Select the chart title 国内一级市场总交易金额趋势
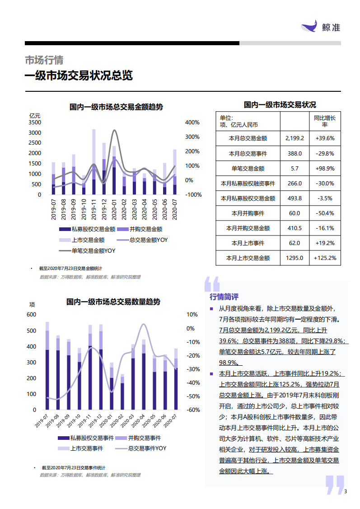[x=116, y=107]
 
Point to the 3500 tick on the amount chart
[x=35, y=123]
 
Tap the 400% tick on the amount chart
[x=192, y=123]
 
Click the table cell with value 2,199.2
[x=295, y=138]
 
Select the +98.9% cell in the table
[x=325, y=168]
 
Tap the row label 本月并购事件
[x=248, y=213]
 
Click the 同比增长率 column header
[x=325, y=121]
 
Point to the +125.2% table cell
[x=325, y=258]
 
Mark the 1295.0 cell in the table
[x=295, y=258]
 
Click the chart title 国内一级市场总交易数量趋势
[x=113, y=302]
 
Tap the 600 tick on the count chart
[x=31, y=315]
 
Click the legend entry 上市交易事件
[x=86, y=448]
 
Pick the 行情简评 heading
[x=224, y=297]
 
